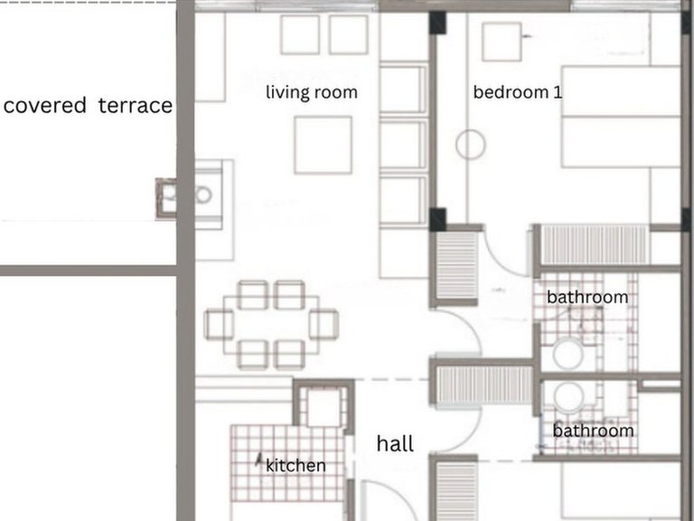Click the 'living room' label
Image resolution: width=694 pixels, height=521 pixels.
pyautogui.click(x=312, y=92)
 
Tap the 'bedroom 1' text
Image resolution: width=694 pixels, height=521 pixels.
pyautogui.click(x=518, y=92)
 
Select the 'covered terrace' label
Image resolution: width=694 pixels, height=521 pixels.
pyautogui.click(x=88, y=106)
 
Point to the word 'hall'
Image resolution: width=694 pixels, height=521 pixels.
pyautogui.click(x=395, y=443)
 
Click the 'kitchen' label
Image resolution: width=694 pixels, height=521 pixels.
pyautogui.click(x=295, y=465)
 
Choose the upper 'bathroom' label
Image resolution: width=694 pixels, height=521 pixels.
pyautogui.click(x=587, y=297)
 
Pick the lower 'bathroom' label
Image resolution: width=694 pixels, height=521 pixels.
pyautogui.click(x=593, y=431)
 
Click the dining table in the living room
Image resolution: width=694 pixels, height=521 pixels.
pyautogui.click(x=271, y=325)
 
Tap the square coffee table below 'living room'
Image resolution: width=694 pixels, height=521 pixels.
pyautogui.click(x=324, y=145)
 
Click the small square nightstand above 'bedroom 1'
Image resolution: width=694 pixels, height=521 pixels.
pyautogui.click(x=502, y=43)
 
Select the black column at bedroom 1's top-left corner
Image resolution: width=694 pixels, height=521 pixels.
pyautogui.click(x=437, y=24)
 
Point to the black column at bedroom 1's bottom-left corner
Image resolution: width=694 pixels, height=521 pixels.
pyautogui.click(x=437, y=219)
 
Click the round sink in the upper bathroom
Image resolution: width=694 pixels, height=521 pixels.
pyautogui.click(x=568, y=354)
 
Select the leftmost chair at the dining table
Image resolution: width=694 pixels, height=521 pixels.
pyautogui.click(x=219, y=325)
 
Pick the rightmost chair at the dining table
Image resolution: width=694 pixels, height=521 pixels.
pyautogui.click(x=324, y=325)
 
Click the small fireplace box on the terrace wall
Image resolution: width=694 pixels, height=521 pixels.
pyautogui.click(x=166, y=198)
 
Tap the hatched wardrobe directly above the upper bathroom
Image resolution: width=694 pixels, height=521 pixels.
pyautogui.click(x=594, y=245)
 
